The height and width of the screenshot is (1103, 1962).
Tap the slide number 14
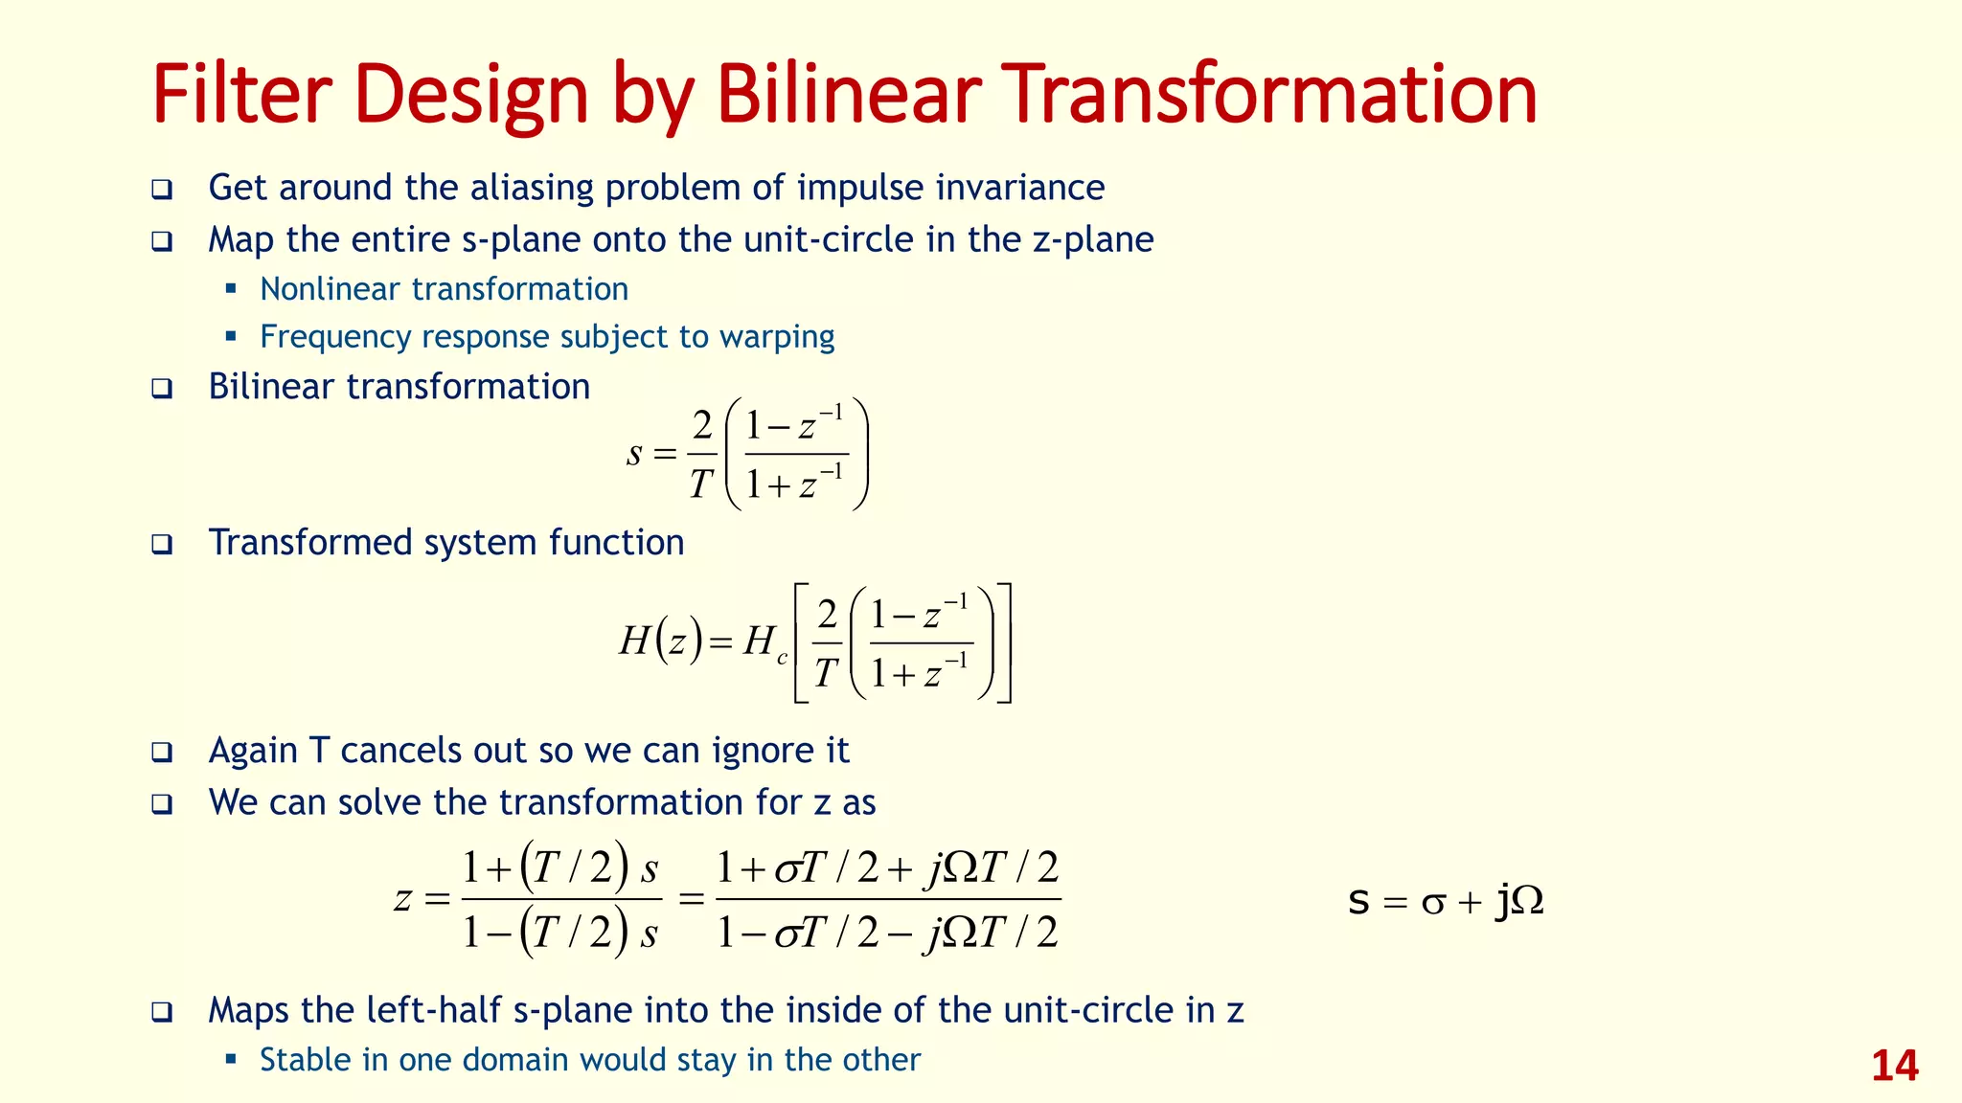1894,1066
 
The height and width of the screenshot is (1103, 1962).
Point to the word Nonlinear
330,289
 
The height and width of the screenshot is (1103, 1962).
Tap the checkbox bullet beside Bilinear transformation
162,389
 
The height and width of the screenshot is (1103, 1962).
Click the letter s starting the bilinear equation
634,453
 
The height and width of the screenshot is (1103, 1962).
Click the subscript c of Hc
782,658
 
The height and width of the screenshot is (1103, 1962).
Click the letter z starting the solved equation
403,899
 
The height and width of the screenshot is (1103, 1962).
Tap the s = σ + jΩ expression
1445,901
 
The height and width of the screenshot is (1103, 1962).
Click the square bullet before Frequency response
231,336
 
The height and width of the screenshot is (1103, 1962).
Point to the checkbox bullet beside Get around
162,189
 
